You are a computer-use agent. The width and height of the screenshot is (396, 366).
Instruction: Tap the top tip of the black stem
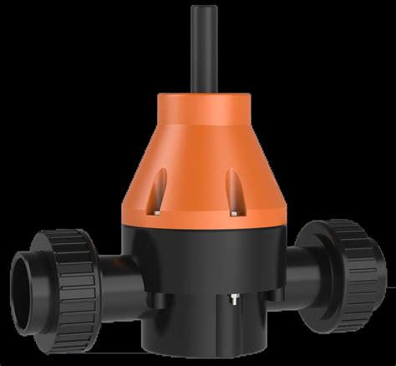point(199,8)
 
